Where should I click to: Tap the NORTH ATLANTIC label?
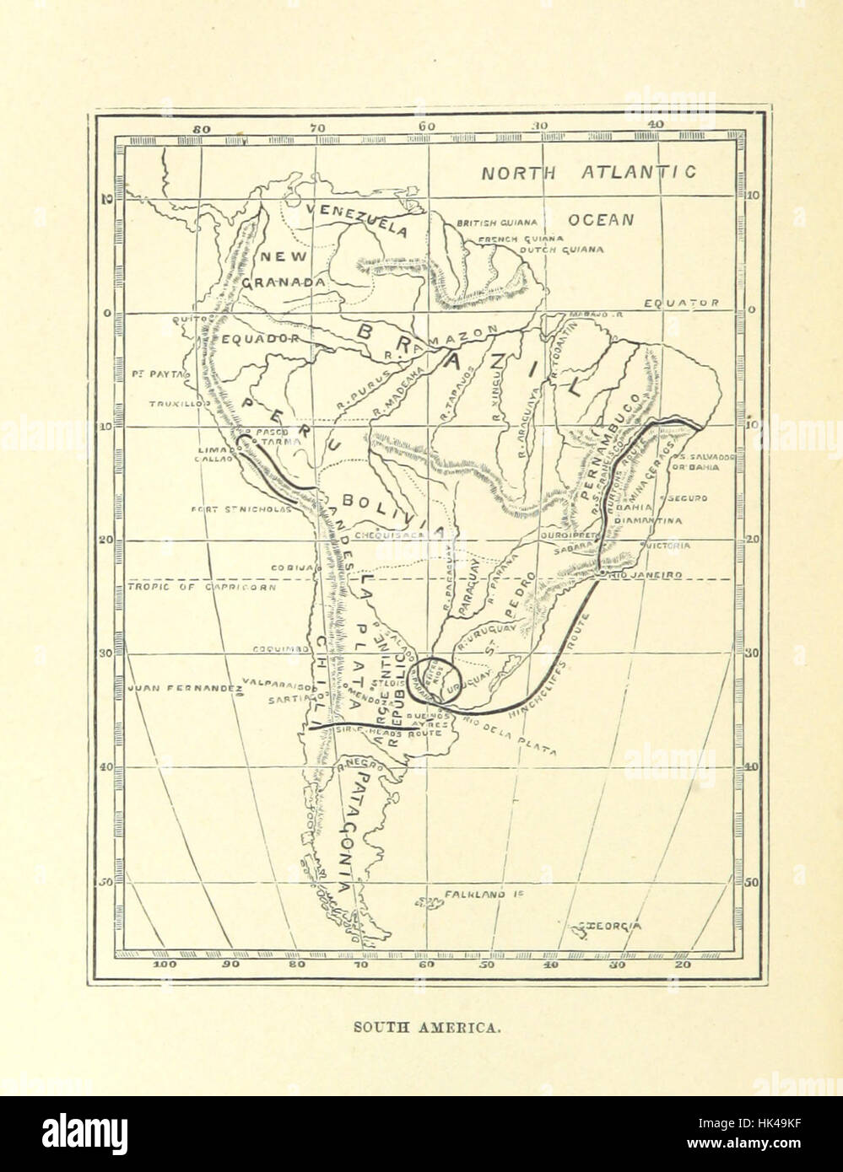coord(588,173)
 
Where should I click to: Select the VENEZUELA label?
coord(356,218)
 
